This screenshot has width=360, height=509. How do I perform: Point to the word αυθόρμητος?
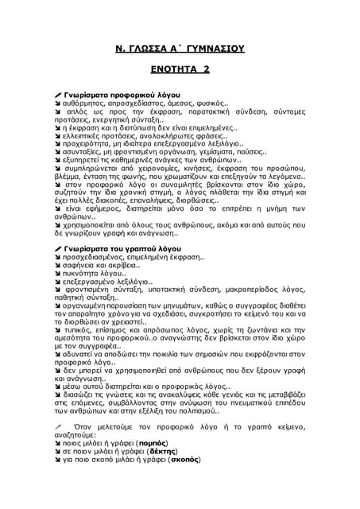coord(85,104)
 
